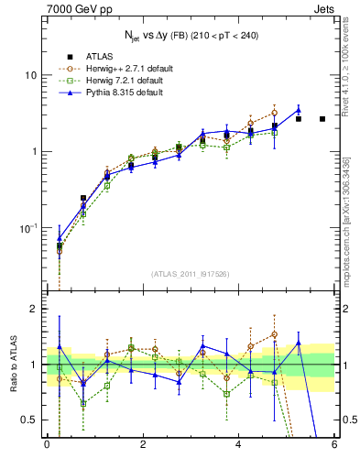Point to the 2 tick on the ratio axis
[34, 309]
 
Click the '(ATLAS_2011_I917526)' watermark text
[190, 273]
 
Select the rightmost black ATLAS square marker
[322, 119]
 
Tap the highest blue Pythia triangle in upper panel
[298, 110]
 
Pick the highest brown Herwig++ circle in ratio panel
[274, 334]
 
